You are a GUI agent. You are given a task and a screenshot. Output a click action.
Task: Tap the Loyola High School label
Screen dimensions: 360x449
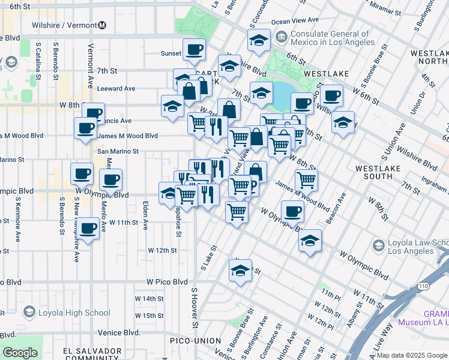click(75, 313)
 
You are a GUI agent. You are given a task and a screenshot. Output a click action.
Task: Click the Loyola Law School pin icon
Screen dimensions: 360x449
click(378, 245)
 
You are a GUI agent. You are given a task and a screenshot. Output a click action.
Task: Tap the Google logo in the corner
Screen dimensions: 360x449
click(20, 353)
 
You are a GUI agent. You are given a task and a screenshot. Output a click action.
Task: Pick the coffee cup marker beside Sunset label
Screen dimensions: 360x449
click(193, 50)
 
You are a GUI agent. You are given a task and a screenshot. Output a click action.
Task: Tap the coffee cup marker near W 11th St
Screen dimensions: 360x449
click(88, 229)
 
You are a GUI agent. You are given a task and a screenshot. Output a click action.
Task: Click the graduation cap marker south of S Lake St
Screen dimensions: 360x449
click(240, 270)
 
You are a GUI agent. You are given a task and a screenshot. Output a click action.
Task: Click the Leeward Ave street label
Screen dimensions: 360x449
click(116, 88)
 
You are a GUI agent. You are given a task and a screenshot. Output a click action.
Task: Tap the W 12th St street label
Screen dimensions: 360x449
click(163, 250)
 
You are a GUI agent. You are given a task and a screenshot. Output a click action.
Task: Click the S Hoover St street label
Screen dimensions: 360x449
click(194, 308)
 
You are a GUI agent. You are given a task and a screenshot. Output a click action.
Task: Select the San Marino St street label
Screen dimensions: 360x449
click(118, 152)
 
